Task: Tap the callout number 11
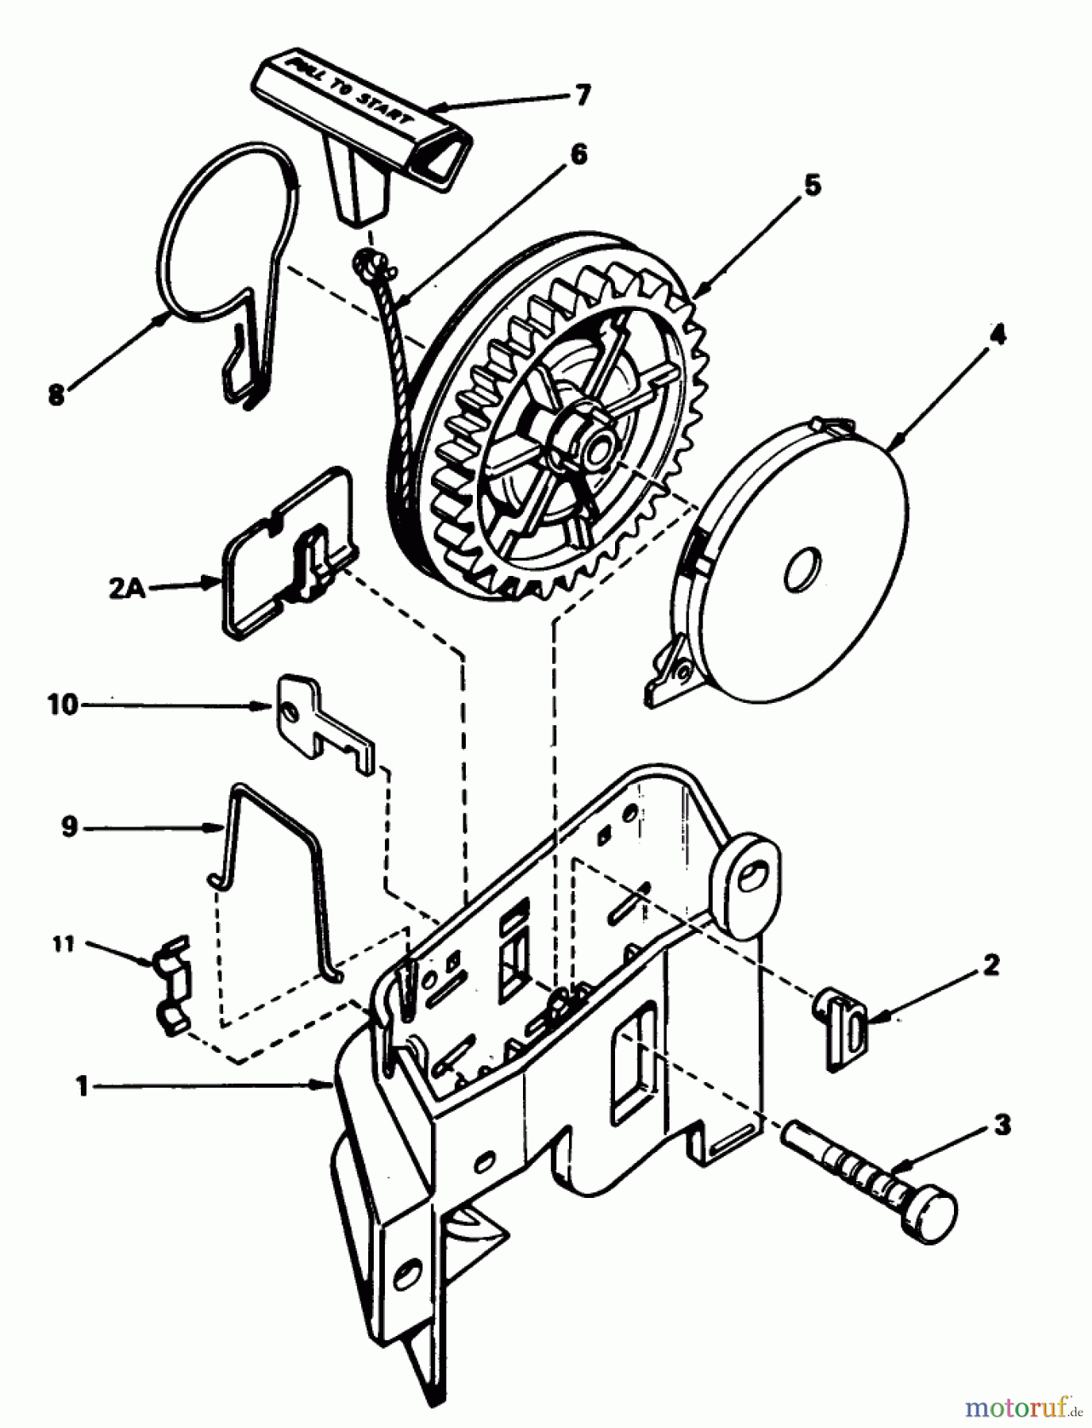64,944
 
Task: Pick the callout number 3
1002,1125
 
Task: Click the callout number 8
56,394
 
